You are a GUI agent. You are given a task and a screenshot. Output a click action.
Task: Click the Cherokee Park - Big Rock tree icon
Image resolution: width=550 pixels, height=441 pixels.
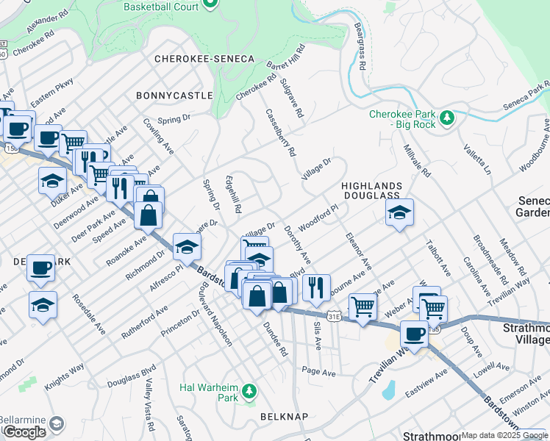click(x=446, y=116)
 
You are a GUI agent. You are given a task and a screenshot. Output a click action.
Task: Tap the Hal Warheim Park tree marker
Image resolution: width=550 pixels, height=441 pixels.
click(x=250, y=389)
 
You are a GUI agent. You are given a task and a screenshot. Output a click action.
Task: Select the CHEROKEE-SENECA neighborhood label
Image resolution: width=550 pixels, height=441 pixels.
click(x=204, y=59)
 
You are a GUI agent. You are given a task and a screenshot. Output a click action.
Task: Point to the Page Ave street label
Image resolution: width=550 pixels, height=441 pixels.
click(x=318, y=373)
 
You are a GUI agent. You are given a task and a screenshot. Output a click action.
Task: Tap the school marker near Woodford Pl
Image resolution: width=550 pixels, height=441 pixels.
click(x=399, y=212)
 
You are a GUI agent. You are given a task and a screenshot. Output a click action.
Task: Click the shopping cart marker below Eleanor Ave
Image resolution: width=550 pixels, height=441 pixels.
click(x=362, y=306)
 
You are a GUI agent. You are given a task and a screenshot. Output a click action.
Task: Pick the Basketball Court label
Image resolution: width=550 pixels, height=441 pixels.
click(x=161, y=6)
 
